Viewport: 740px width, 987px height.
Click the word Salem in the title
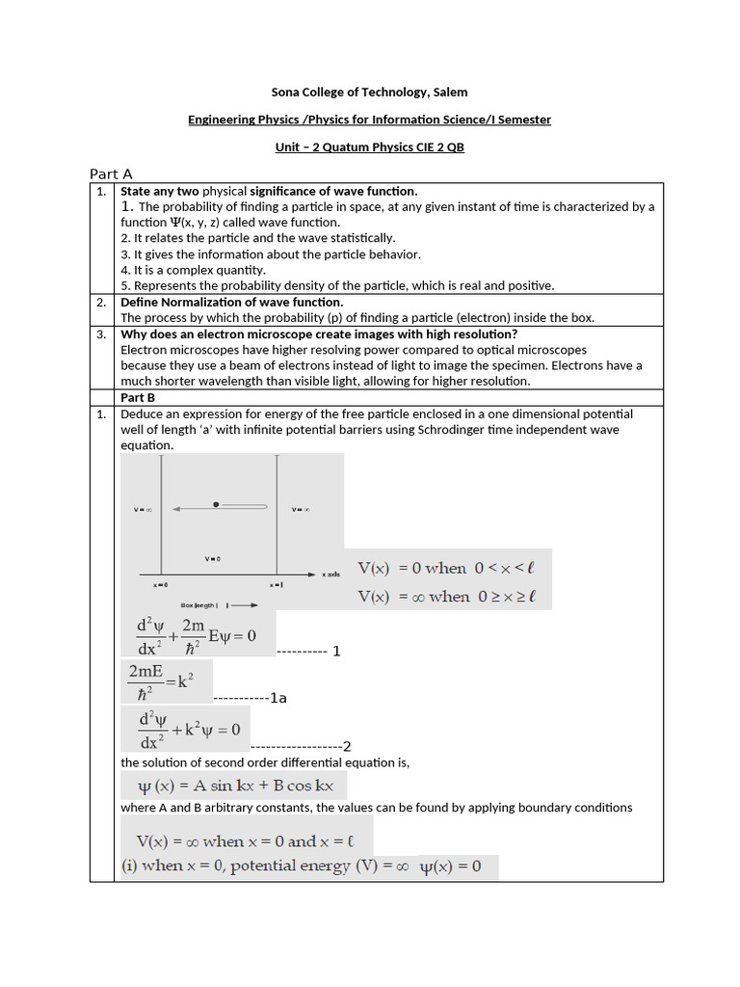point(450,92)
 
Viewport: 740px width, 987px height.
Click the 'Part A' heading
point(111,173)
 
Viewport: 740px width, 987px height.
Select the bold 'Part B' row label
point(138,397)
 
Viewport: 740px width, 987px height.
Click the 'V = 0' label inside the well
point(213,559)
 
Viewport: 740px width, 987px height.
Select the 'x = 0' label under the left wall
point(160,585)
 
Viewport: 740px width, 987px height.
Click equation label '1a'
point(278,698)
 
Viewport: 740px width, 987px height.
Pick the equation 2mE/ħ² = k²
point(165,681)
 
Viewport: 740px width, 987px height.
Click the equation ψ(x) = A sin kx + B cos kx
point(234,786)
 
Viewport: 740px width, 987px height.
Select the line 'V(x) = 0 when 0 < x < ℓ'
point(447,568)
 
